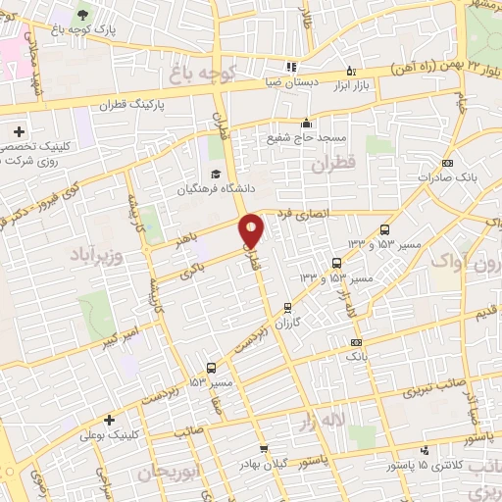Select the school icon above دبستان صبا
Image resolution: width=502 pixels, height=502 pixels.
pyautogui.click(x=290, y=68)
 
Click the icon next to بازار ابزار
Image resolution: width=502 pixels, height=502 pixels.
pyautogui.click(x=352, y=71)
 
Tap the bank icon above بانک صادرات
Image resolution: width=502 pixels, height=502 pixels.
pyautogui.click(x=448, y=163)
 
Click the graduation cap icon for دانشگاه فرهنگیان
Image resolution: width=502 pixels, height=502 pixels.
pyautogui.click(x=214, y=173)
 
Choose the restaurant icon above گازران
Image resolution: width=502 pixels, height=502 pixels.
pyautogui.click(x=287, y=307)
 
